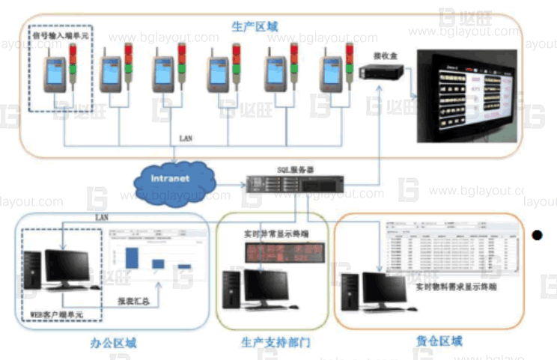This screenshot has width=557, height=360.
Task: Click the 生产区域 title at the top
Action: [x=255, y=26]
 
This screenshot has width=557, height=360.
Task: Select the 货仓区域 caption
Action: [x=439, y=341]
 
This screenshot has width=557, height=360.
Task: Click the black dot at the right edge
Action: [x=536, y=236]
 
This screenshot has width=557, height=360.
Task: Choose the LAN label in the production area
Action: [x=186, y=139]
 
